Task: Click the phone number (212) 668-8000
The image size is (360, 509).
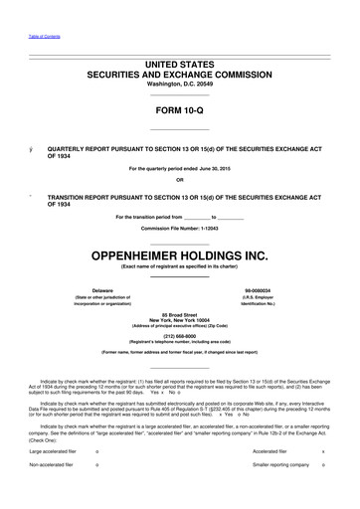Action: pyautogui.click(x=179, y=336)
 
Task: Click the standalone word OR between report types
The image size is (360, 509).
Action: pyautogui.click(x=179, y=180)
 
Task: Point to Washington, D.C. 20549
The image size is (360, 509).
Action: pyautogui.click(x=179, y=84)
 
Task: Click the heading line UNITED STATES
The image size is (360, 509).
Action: pyautogui.click(x=179, y=64)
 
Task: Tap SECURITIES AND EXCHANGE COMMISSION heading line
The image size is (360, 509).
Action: pyautogui.click(x=179, y=74)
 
